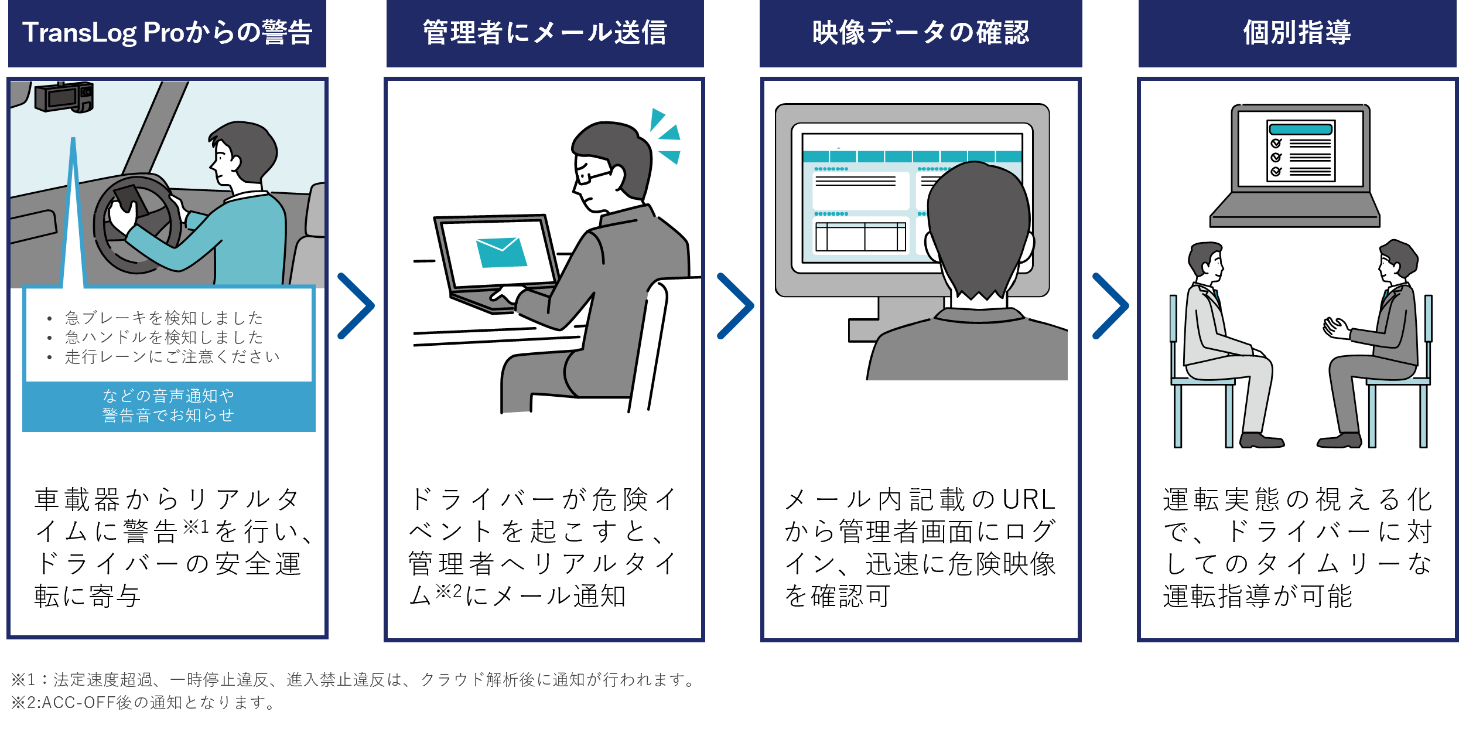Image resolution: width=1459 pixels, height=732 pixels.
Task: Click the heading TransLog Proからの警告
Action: tap(167, 33)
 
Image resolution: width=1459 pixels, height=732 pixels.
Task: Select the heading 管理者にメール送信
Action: tap(545, 33)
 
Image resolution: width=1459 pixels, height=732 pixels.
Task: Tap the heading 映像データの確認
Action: tap(920, 33)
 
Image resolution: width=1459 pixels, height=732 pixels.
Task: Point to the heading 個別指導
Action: tap(1297, 33)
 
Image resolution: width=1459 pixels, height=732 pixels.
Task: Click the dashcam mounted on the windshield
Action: tap(63, 97)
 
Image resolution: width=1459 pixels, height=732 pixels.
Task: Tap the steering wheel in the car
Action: tap(138, 226)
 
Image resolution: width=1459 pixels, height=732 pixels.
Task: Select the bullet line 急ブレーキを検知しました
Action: tap(164, 318)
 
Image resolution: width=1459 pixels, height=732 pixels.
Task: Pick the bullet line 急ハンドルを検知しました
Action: tap(164, 338)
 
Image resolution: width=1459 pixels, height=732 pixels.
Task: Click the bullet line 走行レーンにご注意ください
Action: tap(172, 357)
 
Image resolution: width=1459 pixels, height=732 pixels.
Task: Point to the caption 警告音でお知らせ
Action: tap(168, 416)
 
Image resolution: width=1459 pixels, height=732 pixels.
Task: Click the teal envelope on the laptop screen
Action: tap(501, 253)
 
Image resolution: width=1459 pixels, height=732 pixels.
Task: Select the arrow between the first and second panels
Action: tap(356, 306)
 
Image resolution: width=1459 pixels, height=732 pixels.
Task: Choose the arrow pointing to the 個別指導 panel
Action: tap(1111, 306)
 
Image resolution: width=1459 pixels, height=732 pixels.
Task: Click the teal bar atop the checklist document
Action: tap(1300, 129)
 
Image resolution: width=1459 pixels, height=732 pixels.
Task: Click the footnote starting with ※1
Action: tap(354, 680)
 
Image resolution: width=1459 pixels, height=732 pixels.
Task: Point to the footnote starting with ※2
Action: tap(143, 702)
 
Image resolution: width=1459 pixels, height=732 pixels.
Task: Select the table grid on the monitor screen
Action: tap(860, 237)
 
